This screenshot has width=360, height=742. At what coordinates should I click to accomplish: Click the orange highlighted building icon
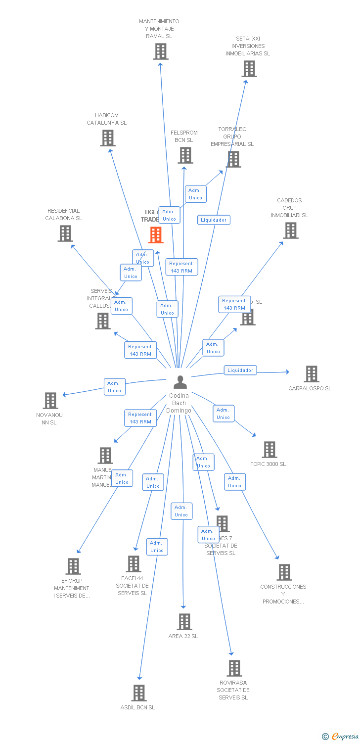156,235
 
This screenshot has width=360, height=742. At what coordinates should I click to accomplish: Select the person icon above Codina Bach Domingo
180,382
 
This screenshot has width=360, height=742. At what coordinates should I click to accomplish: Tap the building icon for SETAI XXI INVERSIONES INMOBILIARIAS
249,69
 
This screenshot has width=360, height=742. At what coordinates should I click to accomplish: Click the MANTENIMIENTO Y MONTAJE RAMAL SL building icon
160,51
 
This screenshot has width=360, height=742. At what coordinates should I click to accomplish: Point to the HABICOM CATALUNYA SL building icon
108,138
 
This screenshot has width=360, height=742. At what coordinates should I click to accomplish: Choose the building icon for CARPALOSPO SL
311,374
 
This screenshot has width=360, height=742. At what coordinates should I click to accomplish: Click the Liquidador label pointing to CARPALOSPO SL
240,370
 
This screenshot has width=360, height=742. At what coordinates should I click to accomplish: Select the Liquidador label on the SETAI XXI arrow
214,220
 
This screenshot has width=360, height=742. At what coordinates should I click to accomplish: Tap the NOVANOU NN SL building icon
50,401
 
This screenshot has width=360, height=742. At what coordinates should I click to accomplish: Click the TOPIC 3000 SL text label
268,464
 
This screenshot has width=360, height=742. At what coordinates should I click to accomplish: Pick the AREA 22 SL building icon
184,622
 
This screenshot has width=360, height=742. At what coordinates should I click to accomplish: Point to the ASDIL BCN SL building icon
139,693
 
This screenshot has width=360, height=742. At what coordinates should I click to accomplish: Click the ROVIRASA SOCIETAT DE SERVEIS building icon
234,668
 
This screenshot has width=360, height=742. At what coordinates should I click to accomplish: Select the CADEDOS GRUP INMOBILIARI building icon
290,231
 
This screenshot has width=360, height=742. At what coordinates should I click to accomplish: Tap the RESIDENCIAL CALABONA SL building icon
65,233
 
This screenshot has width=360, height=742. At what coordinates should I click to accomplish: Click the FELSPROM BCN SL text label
184,137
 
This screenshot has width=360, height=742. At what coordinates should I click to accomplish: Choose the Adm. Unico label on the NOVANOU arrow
114,387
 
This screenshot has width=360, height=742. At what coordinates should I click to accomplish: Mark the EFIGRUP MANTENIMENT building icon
73,566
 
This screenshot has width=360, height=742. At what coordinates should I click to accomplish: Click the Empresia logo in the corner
340,736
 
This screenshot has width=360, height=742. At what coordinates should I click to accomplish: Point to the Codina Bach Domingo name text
179,403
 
